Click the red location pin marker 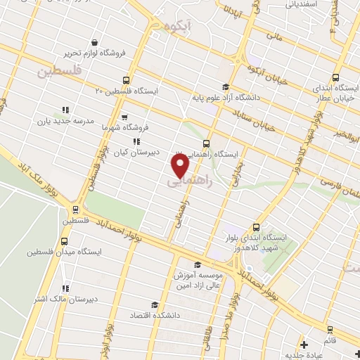[181, 165]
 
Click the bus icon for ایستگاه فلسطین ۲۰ [127, 80]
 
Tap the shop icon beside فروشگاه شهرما [124, 117]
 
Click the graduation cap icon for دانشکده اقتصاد [154, 304]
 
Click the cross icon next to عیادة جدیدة [304, 345]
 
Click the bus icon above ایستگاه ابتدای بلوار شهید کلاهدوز [256, 226]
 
